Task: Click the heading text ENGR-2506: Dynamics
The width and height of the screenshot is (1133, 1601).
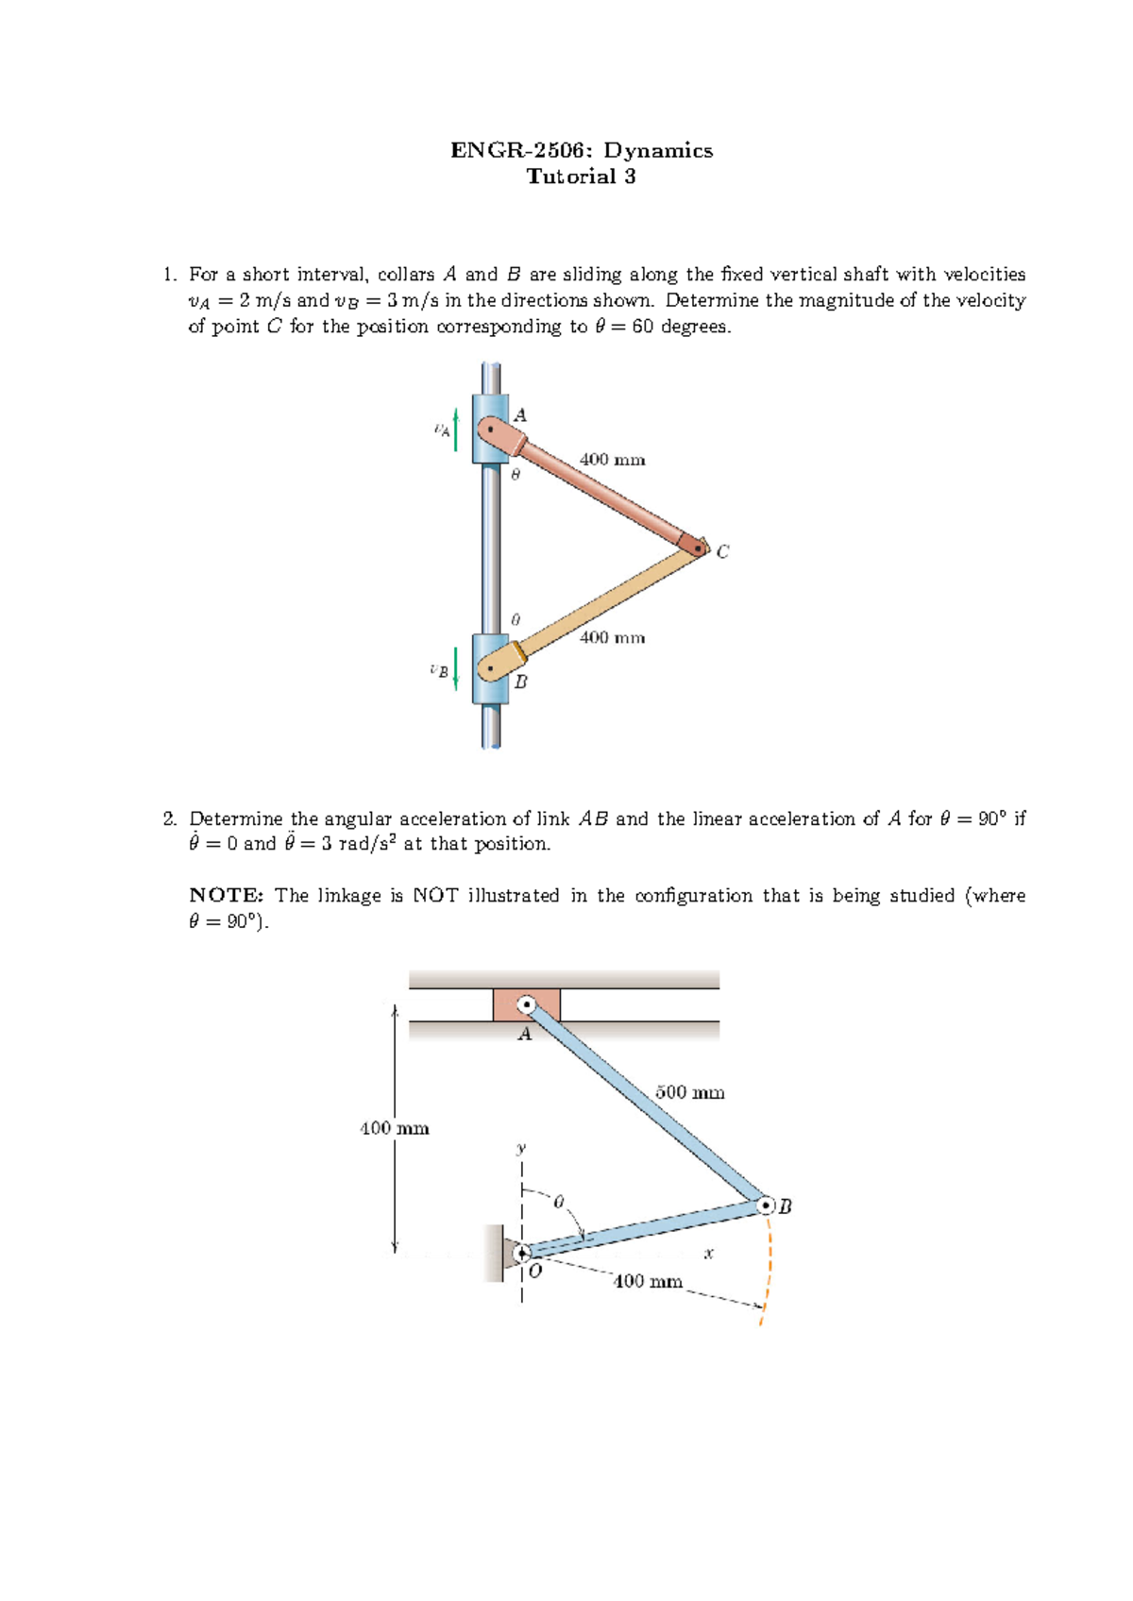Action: [x=581, y=150]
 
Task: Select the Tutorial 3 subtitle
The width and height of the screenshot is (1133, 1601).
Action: [x=581, y=177]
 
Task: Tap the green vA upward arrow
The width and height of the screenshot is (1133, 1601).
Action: [x=456, y=430]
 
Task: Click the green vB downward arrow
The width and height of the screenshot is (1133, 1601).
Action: [x=456, y=668]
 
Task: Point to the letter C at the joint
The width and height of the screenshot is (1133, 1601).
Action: [x=722, y=551]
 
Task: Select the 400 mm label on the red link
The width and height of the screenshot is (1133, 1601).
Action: [x=612, y=460]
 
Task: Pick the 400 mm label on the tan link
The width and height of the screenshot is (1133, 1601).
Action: [x=612, y=638]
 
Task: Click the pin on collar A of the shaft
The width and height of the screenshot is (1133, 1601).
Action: [x=490, y=430]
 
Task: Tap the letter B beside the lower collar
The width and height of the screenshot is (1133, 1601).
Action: [x=520, y=682]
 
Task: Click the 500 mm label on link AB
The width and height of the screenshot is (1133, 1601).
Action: [x=689, y=1092]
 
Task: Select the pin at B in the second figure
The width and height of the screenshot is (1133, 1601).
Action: [x=766, y=1205]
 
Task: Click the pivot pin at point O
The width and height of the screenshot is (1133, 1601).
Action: [x=522, y=1254]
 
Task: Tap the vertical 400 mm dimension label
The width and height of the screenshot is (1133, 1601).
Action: [x=394, y=1128]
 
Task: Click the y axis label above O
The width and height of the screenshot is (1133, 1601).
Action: [x=520, y=1149]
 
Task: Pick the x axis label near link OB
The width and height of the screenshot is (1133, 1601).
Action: [x=708, y=1254]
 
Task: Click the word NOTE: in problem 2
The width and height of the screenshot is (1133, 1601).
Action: [x=226, y=895]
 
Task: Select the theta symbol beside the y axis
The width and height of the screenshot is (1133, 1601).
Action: [x=558, y=1202]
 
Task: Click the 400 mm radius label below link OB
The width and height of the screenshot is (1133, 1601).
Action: [x=648, y=1281]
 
